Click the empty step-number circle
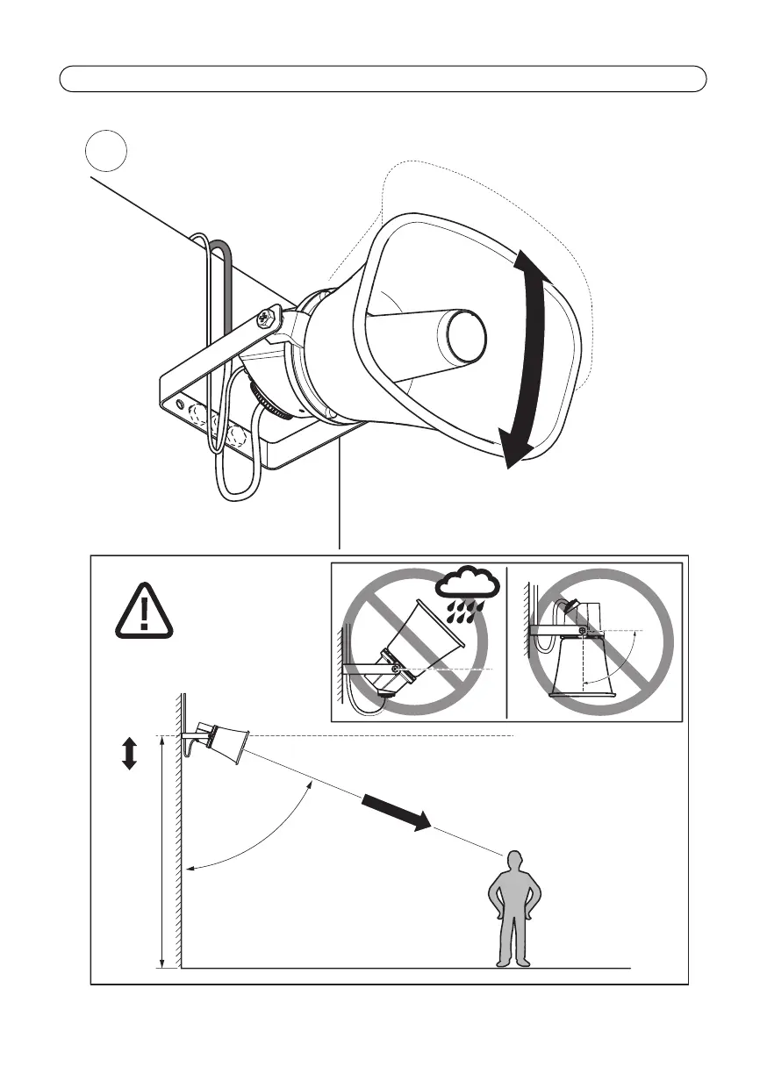coord(107,152)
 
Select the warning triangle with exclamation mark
coord(145,612)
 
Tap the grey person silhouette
coord(514,909)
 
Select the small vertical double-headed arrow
coord(129,753)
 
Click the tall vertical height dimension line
coord(162,851)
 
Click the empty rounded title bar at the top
coord(383,79)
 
